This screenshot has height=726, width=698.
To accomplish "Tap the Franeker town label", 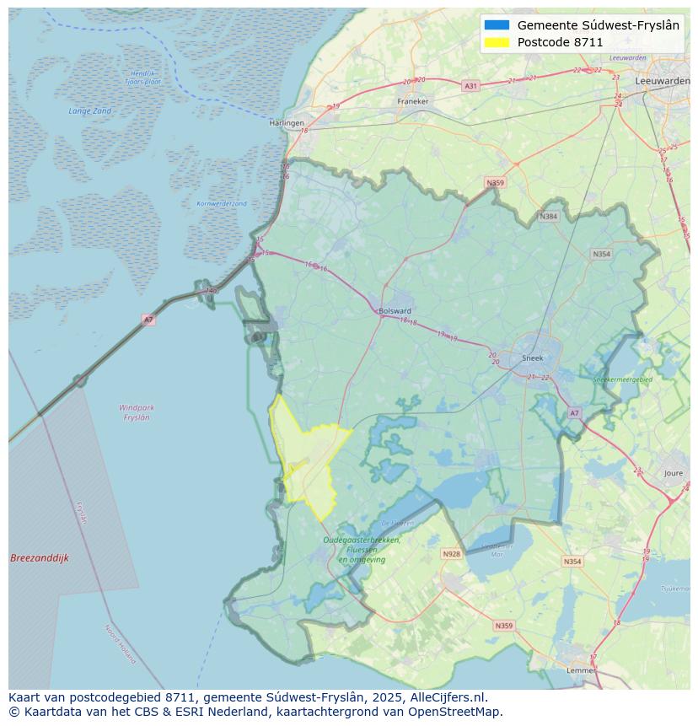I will pyautogui.click(x=413, y=101).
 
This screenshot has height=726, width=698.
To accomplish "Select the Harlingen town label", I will pyautogui.click(x=287, y=123).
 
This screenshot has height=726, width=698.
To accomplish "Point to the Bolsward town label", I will pyautogui.click(x=395, y=310).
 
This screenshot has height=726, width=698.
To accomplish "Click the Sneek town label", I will pyautogui.click(x=533, y=358).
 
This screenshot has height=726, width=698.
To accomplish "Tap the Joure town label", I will pyautogui.click(x=673, y=474).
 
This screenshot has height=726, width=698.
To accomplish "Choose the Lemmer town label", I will pyautogui.click(x=581, y=670).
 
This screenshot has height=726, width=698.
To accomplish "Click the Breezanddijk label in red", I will pyautogui.click(x=40, y=558).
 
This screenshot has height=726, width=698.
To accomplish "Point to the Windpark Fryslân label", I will pyautogui.click(x=137, y=412).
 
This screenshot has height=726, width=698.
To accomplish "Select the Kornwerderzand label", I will pyautogui.click(x=222, y=204).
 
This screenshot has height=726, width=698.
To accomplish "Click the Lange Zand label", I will pyautogui.click(x=90, y=111).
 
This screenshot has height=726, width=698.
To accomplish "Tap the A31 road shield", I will pyautogui.click(x=470, y=86).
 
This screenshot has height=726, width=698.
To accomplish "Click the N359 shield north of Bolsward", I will pyautogui.click(x=495, y=183).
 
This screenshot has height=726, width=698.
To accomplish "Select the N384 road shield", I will pyautogui.click(x=549, y=217).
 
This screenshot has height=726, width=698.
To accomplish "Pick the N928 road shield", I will pyautogui.click(x=452, y=554).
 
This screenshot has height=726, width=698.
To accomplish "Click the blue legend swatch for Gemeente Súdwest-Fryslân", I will pyautogui.click(x=497, y=25).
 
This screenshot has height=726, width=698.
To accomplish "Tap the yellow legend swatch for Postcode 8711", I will pyautogui.click(x=497, y=42).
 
